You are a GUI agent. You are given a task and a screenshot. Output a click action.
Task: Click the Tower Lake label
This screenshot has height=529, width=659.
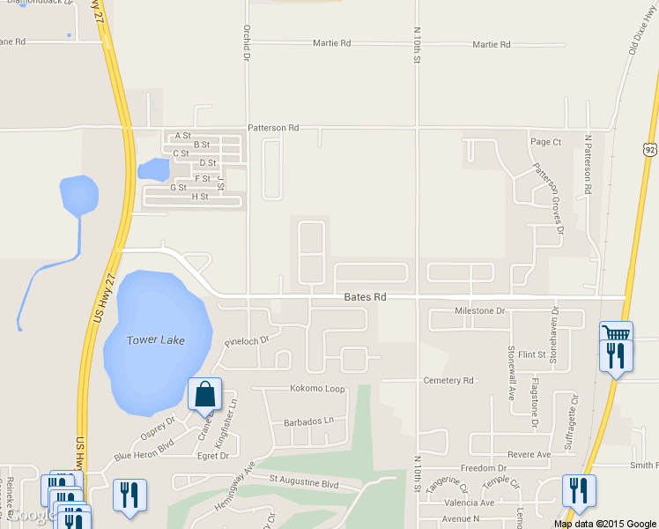click(155, 340)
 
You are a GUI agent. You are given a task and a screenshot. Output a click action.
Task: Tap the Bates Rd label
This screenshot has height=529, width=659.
click(365, 298)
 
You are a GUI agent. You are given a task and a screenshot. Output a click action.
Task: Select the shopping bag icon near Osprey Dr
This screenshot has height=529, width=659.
click(204, 394)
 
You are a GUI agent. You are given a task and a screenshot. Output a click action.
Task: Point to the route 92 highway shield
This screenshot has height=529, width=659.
click(650, 150)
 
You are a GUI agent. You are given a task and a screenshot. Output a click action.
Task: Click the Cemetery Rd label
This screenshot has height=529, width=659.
click(449, 381)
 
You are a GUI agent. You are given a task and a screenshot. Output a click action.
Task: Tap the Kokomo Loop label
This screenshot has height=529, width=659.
click(317, 389)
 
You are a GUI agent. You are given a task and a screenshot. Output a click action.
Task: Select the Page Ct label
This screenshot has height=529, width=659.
click(545, 142)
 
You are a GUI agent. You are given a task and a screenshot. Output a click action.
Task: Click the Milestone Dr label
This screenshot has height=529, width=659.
click(479, 311)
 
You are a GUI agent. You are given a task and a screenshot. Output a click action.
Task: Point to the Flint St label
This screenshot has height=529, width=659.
click(532, 355)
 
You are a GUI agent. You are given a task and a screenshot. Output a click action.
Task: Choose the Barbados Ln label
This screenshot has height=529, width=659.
click(309, 421)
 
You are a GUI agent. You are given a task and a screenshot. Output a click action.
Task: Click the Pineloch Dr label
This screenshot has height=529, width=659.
click(246, 339)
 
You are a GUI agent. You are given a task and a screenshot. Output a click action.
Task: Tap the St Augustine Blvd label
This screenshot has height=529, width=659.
click(304, 483)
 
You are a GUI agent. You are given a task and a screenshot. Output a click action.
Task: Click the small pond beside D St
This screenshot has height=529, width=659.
click(153, 169)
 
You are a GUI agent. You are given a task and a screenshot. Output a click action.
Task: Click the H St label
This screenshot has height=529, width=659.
click(199, 197)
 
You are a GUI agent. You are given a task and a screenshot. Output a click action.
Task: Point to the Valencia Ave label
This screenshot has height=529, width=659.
click(469, 503)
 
